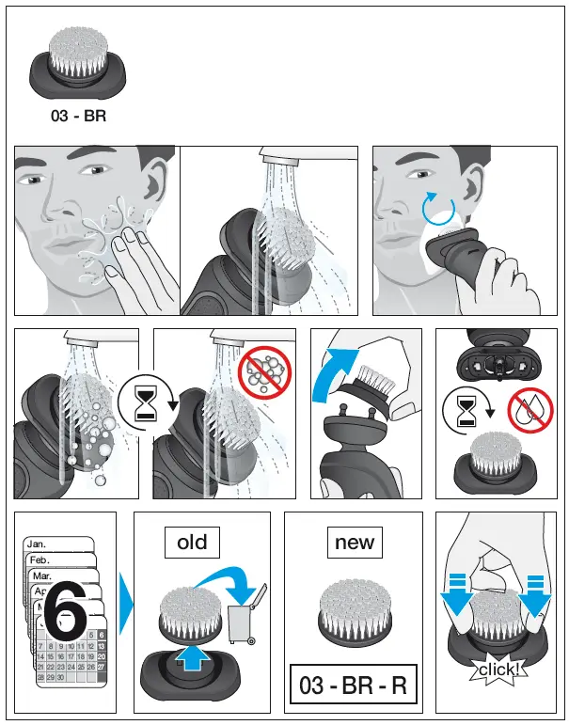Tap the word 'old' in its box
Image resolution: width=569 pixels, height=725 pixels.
pos(192,542)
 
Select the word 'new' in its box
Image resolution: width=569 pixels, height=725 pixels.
pos(355,542)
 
